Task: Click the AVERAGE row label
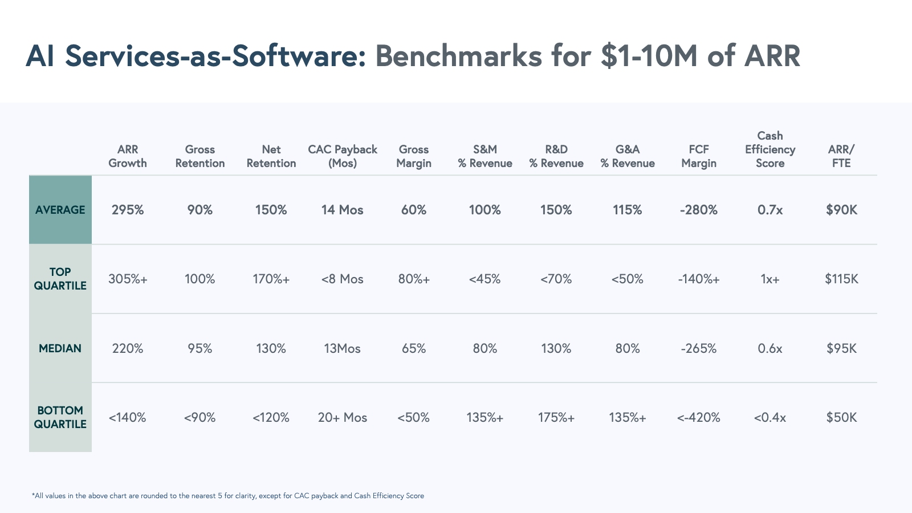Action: point(60,210)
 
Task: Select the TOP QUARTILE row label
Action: point(60,279)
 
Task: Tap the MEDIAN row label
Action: point(60,348)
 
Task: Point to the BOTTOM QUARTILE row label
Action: point(60,417)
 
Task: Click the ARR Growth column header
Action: point(128,156)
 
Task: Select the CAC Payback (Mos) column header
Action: point(343,156)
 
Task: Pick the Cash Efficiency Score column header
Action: point(770,149)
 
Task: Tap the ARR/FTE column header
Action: point(841,156)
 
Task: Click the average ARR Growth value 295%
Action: point(128,210)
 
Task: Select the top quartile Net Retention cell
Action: point(271,279)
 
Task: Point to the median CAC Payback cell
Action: point(343,348)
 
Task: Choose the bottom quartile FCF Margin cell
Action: point(699,417)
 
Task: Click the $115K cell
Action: point(841,279)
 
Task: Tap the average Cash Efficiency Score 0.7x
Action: point(770,210)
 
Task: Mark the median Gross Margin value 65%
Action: point(414,348)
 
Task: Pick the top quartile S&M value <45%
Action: point(485,279)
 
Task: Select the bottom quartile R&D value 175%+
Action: point(556,417)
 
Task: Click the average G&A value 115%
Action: point(628,210)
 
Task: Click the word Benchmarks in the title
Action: point(458,56)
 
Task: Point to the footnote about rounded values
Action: point(228,496)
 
